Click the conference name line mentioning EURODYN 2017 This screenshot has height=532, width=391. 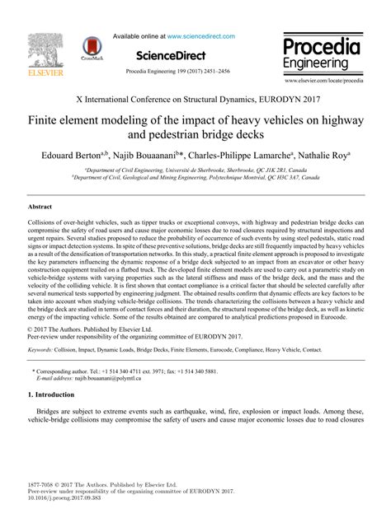(195, 97)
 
